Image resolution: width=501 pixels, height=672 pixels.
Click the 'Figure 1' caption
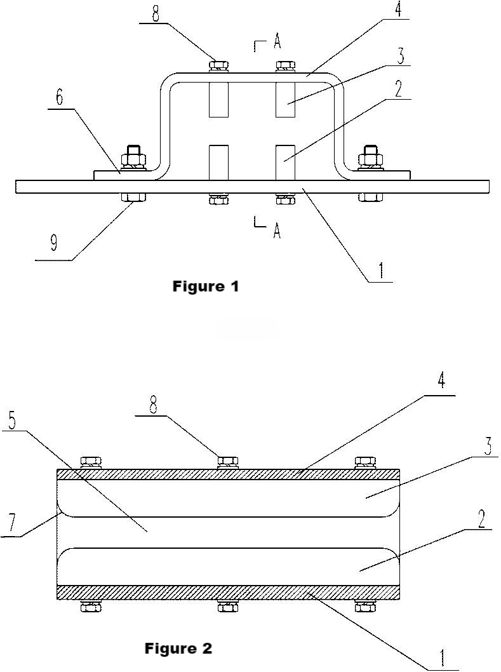click(205, 286)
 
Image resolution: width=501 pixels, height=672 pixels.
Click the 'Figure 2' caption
click(178, 648)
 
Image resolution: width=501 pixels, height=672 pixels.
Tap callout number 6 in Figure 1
click(60, 97)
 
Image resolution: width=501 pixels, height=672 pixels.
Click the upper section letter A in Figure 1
click(277, 43)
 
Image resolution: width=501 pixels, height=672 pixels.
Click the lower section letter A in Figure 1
click(277, 231)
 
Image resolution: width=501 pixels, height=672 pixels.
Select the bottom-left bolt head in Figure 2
click(91, 607)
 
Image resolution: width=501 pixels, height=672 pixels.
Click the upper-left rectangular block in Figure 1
click(218, 99)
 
